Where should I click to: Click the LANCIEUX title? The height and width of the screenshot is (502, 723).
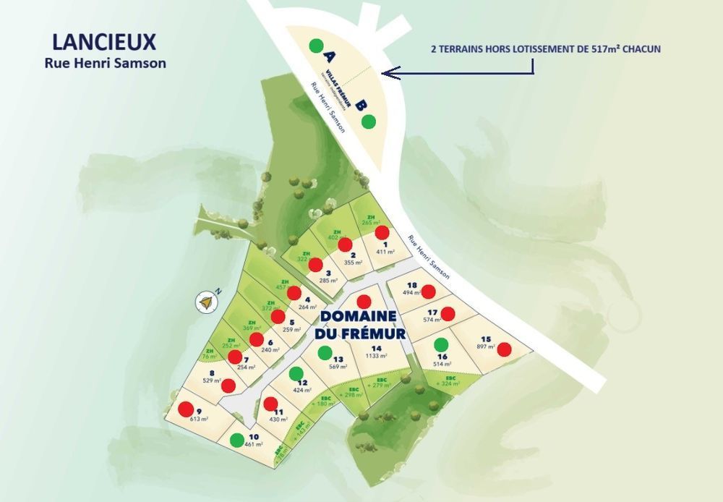point(105,41)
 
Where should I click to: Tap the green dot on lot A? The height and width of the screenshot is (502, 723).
point(315,46)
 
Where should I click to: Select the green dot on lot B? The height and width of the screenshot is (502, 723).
point(369,121)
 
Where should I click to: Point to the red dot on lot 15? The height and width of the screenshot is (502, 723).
point(504,349)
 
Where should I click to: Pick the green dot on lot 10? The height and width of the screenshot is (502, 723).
point(236,439)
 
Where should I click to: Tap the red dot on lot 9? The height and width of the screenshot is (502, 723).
point(186,409)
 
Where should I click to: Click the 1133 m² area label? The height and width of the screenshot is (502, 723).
point(377,355)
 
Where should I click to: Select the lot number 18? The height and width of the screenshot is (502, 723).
point(412,285)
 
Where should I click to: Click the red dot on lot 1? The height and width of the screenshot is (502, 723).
point(382,232)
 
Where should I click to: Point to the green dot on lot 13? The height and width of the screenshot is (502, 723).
point(325,353)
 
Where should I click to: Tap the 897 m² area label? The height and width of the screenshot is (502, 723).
point(485,347)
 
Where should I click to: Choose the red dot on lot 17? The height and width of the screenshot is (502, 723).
point(448,314)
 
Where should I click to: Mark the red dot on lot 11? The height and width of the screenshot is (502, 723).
point(270,404)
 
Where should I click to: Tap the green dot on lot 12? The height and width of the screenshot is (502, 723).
point(295,373)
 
